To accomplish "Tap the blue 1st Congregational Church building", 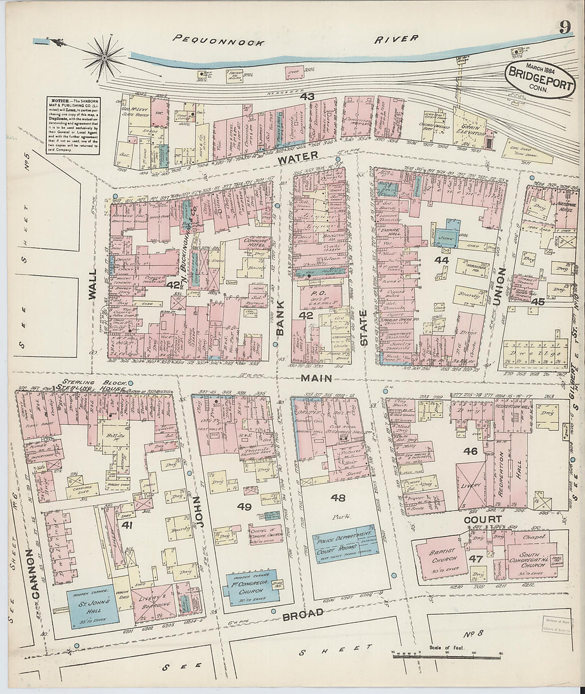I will [254, 586].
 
